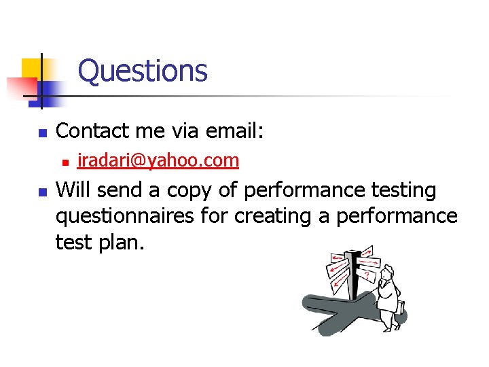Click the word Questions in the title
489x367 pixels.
coord(143,71)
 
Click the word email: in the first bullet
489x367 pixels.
coord(231,130)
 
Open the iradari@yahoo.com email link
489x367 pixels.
coord(158,160)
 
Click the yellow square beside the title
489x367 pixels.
coord(32,68)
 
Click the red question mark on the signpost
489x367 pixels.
coord(367,275)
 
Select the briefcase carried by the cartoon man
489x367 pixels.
coord(401,310)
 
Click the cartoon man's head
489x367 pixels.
coord(387,274)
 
